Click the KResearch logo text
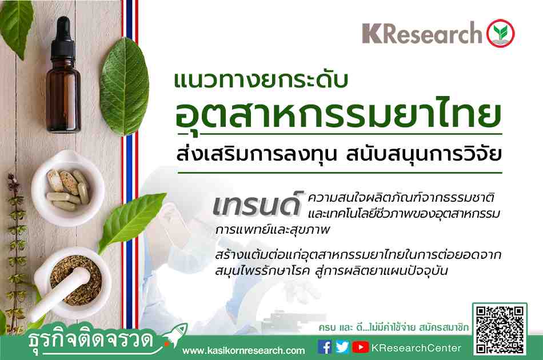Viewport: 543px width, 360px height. [422, 33]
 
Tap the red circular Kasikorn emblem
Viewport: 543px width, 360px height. [500, 33]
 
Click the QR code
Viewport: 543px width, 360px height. [500, 330]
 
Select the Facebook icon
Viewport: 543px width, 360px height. [324, 347]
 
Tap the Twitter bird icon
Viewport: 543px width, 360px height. [342, 347]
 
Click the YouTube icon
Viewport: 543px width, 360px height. [361, 347]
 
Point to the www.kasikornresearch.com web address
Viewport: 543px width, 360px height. [243, 351]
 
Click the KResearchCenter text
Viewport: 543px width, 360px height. [416, 348]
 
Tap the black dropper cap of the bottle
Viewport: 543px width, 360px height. [63, 38]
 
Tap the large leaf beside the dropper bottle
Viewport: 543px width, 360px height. [125, 86]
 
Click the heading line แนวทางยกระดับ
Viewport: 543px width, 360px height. [261, 81]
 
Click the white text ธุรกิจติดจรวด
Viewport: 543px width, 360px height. [91, 339]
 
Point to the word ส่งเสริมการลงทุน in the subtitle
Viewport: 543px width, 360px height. [257, 154]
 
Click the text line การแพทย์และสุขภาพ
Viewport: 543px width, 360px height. [272, 230]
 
